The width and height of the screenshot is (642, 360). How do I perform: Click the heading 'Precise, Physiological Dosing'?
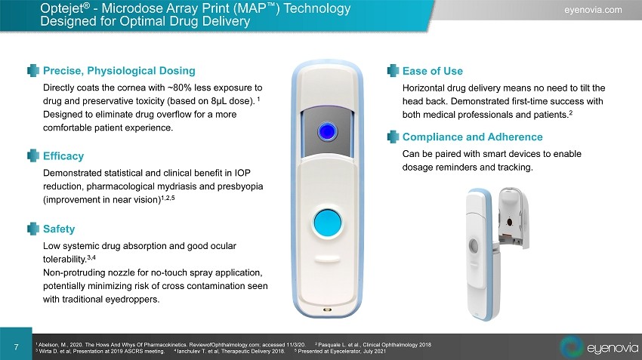click(x=119, y=71)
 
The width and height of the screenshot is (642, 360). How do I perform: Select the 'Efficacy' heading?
click(x=63, y=156)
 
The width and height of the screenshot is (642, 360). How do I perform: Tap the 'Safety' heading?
click(x=59, y=229)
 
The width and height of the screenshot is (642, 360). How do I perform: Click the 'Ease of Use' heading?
click(x=433, y=71)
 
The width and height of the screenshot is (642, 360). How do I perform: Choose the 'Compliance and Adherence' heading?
click(x=473, y=137)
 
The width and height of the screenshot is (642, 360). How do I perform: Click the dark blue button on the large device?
click(x=327, y=132)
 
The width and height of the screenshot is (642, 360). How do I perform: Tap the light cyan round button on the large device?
click(x=328, y=223)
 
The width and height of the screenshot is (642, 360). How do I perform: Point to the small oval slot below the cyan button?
click(x=327, y=260)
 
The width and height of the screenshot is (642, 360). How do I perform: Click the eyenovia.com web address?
click(x=593, y=10)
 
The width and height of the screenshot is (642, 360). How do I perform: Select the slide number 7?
click(x=16, y=347)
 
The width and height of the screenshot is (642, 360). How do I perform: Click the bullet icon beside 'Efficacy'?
click(x=33, y=156)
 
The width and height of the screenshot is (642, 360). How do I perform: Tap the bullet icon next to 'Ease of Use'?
click(x=393, y=71)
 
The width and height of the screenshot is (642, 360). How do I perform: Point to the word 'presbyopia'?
click(x=240, y=186)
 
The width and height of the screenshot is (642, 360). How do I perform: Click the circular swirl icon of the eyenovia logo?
click(x=571, y=347)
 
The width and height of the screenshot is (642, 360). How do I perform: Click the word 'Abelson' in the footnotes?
click(x=48, y=345)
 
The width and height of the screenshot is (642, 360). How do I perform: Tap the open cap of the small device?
click(x=514, y=217)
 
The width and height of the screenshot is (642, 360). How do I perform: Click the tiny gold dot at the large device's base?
click(x=327, y=309)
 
